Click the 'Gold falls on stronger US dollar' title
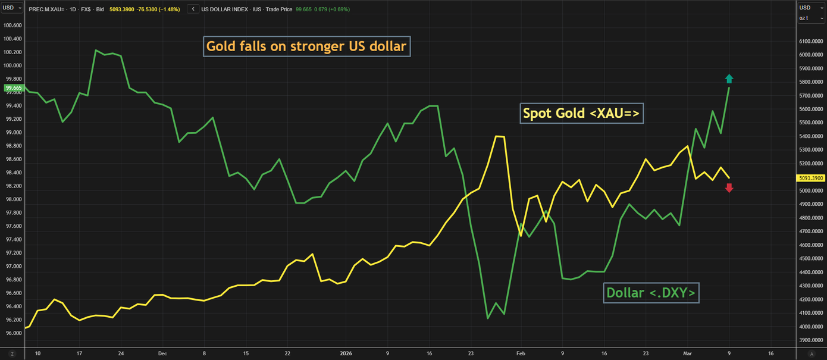306,46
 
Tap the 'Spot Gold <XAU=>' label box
582,113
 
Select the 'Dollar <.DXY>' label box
651,293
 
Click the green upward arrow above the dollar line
729,78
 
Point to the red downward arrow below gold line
729,188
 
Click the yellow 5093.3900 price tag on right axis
811,177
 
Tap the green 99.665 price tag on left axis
13,88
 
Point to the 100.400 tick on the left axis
12,39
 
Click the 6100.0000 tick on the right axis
811,41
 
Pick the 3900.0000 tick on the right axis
811,340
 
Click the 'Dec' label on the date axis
162,353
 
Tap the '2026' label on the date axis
346,353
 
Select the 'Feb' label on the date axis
521,353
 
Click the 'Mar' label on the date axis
688,353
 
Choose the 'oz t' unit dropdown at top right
810,18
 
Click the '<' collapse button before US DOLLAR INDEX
193,10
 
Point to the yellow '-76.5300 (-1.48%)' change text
159,10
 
